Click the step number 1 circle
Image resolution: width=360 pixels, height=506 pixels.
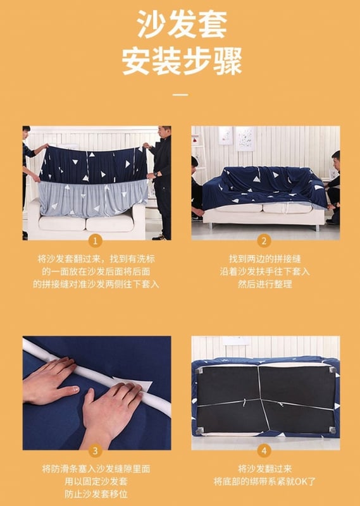(x=95, y=241)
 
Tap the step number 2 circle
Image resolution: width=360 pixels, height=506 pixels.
(x=264, y=241)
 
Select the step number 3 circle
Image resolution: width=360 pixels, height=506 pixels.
(x=95, y=451)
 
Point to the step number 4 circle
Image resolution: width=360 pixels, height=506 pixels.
(x=264, y=451)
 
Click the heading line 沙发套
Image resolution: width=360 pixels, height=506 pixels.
(x=182, y=24)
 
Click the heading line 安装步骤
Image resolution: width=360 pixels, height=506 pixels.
(x=182, y=61)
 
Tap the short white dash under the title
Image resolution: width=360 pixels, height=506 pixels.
(x=180, y=95)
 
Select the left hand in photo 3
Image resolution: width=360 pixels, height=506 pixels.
(x=52, y=381)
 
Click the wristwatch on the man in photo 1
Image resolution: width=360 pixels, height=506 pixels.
(x=156, y=175)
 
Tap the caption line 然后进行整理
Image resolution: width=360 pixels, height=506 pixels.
(x=264, y=284)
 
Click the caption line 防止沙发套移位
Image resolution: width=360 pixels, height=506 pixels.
(x=96, y=494)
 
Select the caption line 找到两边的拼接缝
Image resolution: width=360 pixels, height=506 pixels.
(x=264, y=259)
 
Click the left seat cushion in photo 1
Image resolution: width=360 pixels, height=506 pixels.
(x=62, y=223)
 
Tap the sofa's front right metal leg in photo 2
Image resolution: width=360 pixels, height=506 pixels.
(x=318, y=228)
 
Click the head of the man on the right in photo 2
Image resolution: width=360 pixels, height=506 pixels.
(x=336, y=157)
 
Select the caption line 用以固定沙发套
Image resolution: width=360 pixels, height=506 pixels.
(x=96, y=481)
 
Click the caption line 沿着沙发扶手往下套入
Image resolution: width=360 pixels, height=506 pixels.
(x=264, y=271)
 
